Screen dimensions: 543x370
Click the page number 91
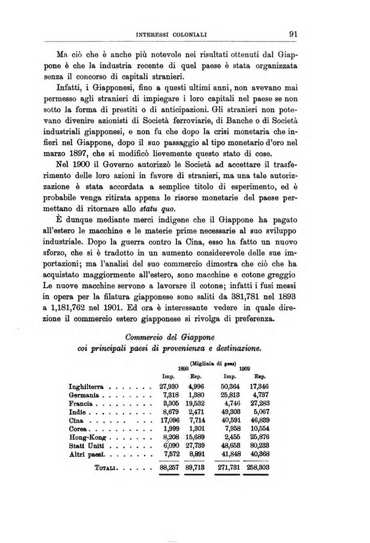(295, 34)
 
